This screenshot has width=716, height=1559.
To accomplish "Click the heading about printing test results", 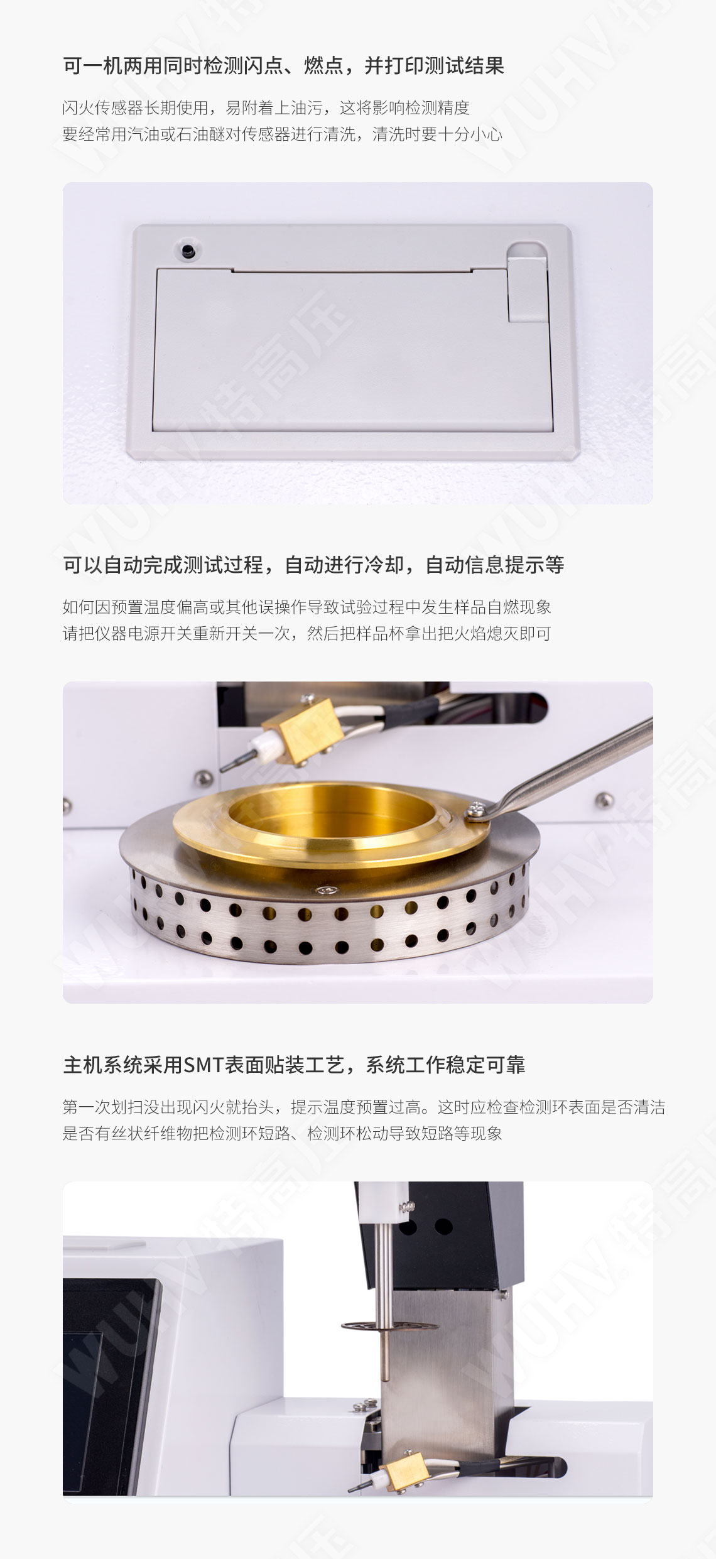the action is pos(283,66).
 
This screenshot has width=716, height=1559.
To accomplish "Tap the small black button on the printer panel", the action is pos(187,251).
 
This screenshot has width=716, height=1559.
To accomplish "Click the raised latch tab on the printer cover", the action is pos(527,283).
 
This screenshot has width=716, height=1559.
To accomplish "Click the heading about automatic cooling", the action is pos(313,565).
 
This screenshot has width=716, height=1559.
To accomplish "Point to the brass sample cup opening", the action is pos(331,813).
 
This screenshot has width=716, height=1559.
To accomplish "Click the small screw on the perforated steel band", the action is pos(325,889).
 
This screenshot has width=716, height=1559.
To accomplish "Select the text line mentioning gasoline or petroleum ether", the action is pos(283,134).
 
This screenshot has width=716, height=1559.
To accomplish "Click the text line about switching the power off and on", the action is pos(306,633).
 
